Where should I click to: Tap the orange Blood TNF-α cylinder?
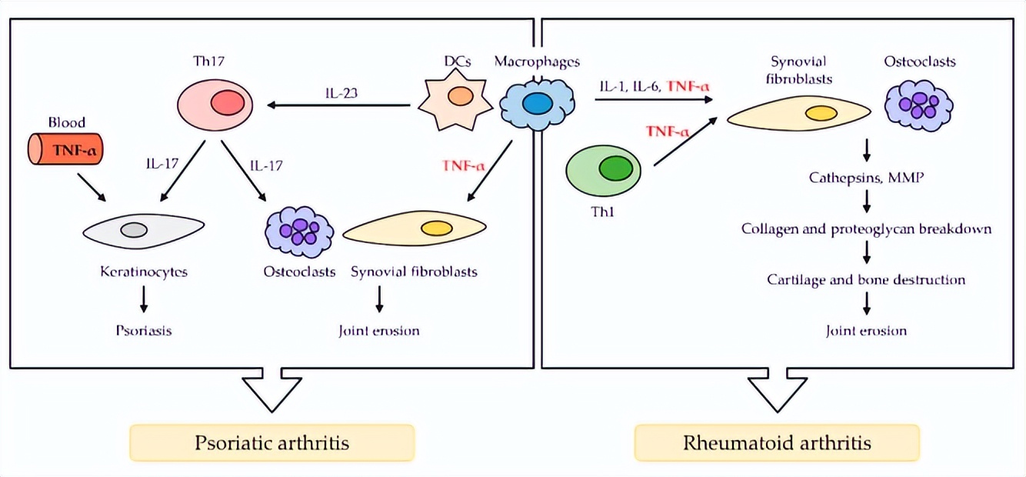pyautogui.click(x=67, y=149)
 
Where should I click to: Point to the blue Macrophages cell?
pyautogui.click(x=537, y=103)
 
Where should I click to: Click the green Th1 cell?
pyautogui.click(x=603, y=171)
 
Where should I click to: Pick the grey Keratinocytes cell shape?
pyautogui.click(x=143, y=229)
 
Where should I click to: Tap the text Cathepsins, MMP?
pyautogui.click(x=866, y=178)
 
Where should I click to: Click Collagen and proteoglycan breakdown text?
pyautogui.click(x=866, y=229)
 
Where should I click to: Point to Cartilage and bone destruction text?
pyautogui.click(x=866, y=280)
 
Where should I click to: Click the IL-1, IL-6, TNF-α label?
pyautogui.click(x=654, y=85)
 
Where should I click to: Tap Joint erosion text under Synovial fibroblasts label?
pyautogui.click(x=379, y=332)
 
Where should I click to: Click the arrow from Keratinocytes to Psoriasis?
pyautogui.click(x=143, y=299)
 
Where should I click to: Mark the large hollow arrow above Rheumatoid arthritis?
pyautogui.click(x=778, y=391)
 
